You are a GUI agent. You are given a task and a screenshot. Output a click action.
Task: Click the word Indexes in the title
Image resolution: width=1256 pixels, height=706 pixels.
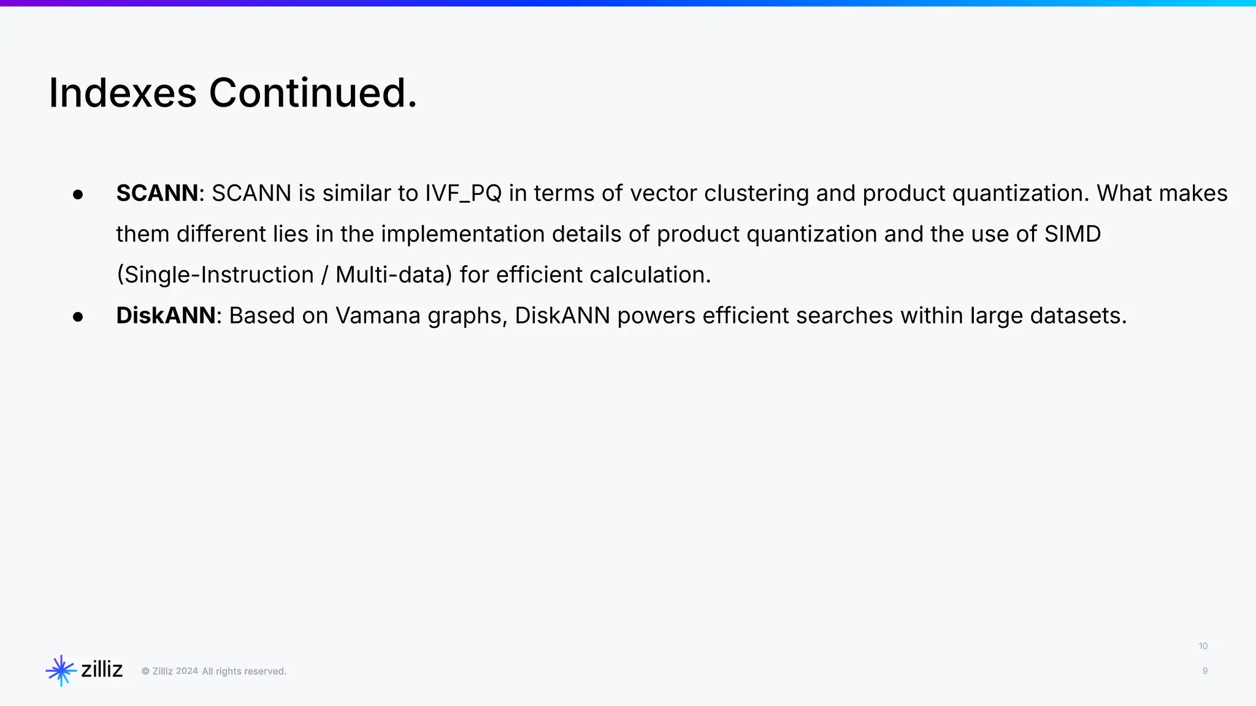(x=123, y=93)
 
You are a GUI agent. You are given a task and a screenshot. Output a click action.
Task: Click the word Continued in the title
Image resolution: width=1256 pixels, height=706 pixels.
(x=310, y=93)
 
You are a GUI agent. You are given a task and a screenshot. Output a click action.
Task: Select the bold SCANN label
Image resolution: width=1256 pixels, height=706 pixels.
(x=157, y=193)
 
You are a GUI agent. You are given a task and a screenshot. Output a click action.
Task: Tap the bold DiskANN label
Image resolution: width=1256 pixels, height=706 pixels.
(x=166, y=316)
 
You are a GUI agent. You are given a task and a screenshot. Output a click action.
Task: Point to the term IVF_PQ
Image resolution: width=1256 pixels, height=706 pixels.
(x=463, y=193)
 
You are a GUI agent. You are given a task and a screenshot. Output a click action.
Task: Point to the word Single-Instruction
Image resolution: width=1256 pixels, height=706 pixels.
(x=215, y=275)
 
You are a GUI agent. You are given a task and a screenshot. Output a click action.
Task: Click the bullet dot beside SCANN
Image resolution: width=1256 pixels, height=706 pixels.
(x=78, y=195)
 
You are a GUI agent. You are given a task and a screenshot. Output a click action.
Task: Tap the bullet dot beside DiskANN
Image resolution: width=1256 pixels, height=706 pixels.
(x=78, y=317)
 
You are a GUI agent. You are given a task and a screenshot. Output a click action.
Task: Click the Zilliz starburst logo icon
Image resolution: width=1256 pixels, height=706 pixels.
(x=61, y=670)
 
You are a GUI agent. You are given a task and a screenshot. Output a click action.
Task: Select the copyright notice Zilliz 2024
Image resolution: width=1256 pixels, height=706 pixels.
(x=175, y=671)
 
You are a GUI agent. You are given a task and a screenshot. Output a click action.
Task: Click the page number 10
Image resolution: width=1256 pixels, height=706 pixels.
(x=1203, y=646)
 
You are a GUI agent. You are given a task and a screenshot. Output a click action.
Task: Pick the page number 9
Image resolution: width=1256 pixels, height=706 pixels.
(x=1205, y=671)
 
